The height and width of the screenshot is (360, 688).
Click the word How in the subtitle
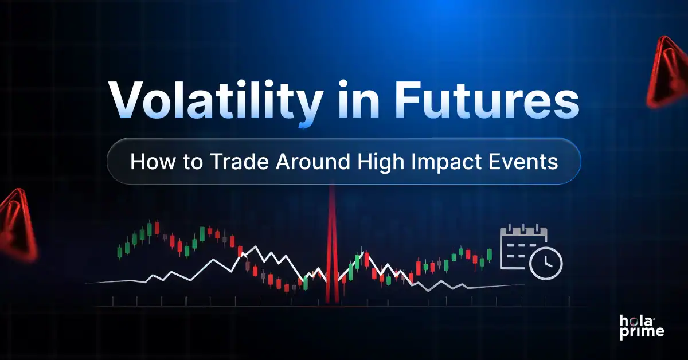(150, 162)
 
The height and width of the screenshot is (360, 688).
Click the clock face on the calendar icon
(546, 263)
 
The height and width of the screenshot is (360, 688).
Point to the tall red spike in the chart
(331, 246)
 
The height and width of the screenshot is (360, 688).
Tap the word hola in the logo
(634, 319)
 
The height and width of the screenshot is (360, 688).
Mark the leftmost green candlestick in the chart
(120, 251)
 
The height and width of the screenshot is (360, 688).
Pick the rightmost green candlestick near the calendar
(490, 255)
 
